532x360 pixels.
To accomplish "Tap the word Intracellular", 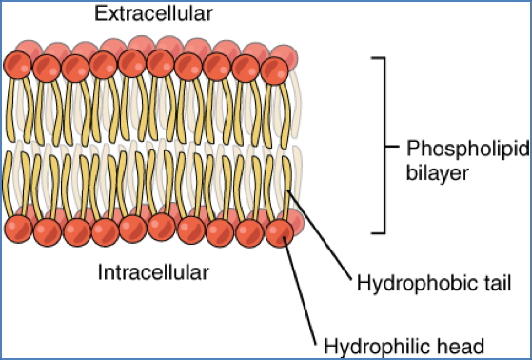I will click(152, 273).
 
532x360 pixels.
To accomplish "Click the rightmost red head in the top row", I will click(275, 69).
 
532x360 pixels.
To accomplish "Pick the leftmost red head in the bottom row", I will click(18, 230).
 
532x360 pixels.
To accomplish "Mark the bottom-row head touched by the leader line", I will click(279, 231).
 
